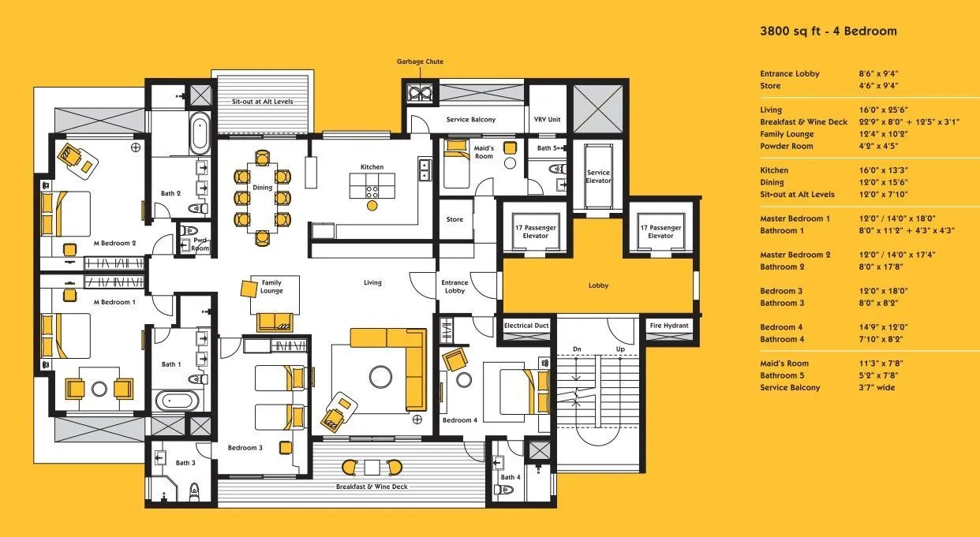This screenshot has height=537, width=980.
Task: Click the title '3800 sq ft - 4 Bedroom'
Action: coord(829,31)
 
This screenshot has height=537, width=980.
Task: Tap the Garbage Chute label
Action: coord(420,62)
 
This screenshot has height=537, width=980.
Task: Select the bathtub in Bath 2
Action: coord(200,133)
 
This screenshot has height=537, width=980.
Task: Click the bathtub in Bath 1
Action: coord(178,400)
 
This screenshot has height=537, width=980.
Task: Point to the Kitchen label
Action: coord(372,167)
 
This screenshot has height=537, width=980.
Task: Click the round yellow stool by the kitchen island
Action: coord(372,205)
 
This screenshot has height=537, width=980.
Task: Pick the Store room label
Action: coord(454,219)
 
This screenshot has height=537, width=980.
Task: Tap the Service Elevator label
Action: coord(599,176)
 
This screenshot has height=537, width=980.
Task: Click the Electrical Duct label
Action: coord(526,326)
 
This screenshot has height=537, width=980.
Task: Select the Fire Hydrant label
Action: coord(669,326)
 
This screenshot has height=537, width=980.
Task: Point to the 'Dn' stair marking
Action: coord(577,349)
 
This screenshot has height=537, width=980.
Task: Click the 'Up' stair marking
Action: coord(620,349)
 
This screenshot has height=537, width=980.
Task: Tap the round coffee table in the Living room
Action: coord(380,376)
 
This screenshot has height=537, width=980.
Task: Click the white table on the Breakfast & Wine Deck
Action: coord(372,468)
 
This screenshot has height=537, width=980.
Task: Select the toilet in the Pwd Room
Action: coord(189,230)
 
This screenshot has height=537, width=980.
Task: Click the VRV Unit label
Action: coord(548,119)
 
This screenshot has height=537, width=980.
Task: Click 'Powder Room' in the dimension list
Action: coord(787,146)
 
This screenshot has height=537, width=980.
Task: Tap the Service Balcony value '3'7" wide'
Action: coord(877,387)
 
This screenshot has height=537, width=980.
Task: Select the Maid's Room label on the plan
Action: coord(484,152)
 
